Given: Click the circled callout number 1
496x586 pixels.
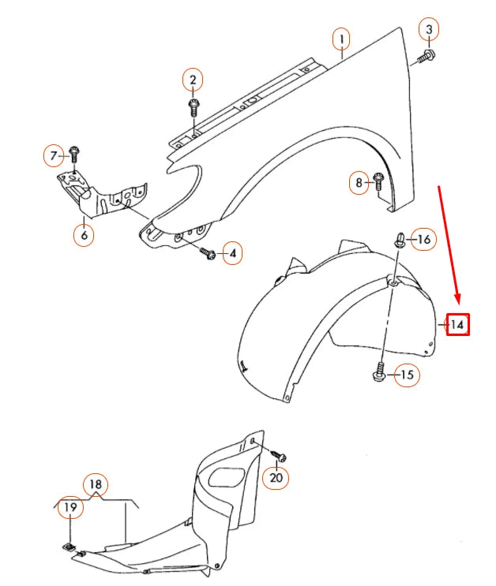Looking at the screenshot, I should [x=340, y=39].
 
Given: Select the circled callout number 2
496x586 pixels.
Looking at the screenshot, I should [x=192, y=80].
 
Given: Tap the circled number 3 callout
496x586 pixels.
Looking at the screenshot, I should [x=429, y=30].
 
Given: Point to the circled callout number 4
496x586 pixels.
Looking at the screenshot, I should [x=232, y=253].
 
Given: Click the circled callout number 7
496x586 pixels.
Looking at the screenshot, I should [x=54, y=155].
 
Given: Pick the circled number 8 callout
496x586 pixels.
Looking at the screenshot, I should [x=359, y=183].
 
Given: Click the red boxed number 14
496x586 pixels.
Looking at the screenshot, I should [x=458, y=324].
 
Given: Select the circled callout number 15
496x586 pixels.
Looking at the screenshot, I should [x=406, y=375].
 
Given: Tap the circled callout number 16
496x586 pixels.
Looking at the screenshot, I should [x=423, y=239].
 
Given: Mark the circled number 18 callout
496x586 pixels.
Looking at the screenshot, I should [x=96, y=484].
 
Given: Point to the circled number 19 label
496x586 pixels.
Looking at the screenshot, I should [x=70, y=509].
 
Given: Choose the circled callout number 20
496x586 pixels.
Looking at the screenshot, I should [x=276, y=477].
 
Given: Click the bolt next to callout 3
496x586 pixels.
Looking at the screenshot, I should [x=425, y=55].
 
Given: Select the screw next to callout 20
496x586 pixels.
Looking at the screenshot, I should [x=279, y=455].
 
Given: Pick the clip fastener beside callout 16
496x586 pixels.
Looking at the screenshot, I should [x=400, y=240].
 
